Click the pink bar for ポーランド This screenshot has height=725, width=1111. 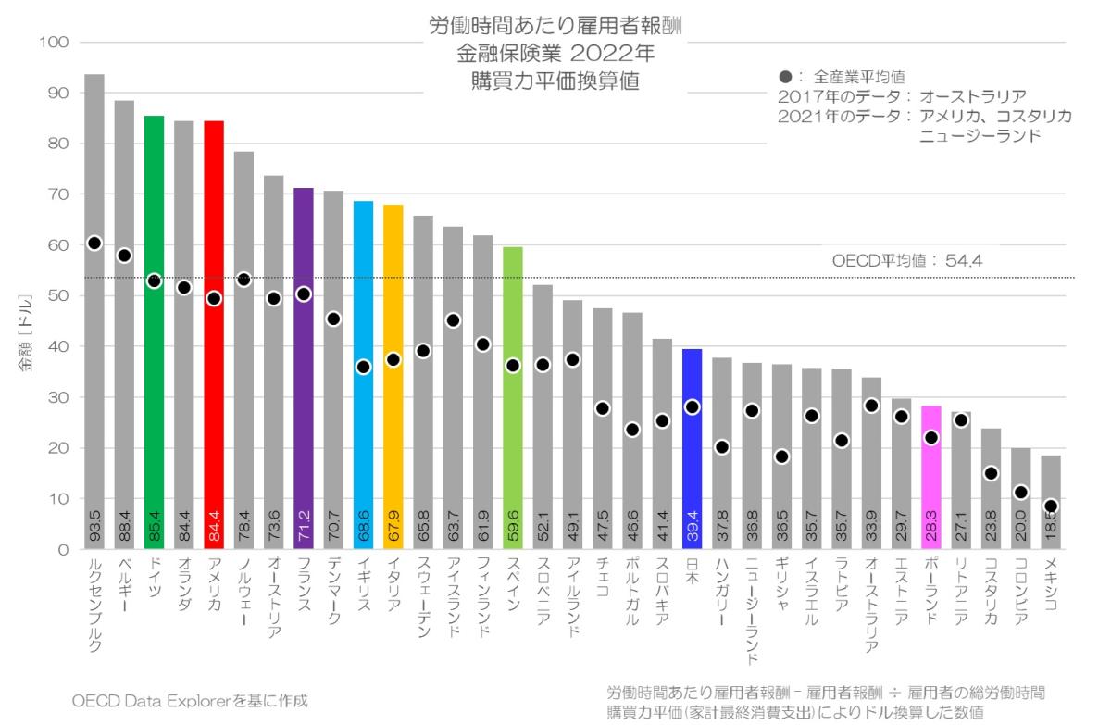pyautogui.click(x=931, y=481)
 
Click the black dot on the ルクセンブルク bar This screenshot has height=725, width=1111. pyautogui.click(x=94, y=244)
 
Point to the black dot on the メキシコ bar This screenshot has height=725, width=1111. pyautogui.click(x=1051, y=506)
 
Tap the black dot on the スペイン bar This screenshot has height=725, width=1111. pyautogui.click(x=513, y=365)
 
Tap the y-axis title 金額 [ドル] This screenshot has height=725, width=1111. pyautogui.click(x=27, y=332)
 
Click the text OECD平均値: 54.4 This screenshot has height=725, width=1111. pyautogui.click(x=906, y=262)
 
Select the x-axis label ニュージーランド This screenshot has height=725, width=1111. pyautogui.click(x=752, y=615)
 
